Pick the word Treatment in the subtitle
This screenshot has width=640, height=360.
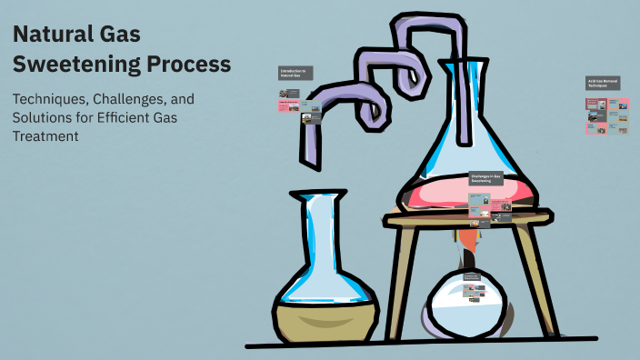tap(46, 136)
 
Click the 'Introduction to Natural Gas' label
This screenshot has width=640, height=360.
tap(295, 73)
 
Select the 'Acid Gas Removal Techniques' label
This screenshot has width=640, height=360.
tap(602, 83)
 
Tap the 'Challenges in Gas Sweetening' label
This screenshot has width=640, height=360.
tap(487, 178)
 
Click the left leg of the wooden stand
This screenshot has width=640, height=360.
tap(396, 282)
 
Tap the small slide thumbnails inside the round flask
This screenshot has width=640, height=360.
tap(474, 289)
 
